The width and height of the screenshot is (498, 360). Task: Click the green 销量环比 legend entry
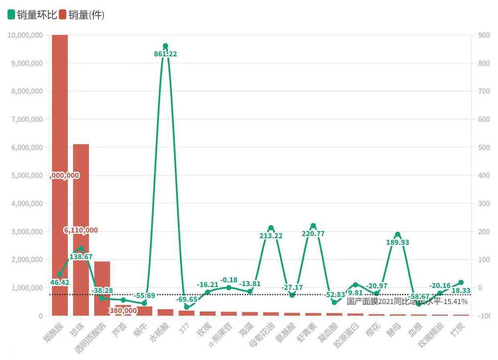[x=32, y=15]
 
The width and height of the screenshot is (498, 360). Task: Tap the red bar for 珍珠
[x=81, y=193]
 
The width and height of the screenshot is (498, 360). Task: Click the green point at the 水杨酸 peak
[x=165, y=46]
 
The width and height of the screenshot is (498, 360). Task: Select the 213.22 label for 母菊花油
[x=271, y=236]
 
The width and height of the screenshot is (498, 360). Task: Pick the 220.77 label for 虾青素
[x=313, y=233]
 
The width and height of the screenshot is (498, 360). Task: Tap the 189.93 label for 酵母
[x=398, y=242]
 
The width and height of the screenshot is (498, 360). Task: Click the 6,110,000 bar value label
[x=81, y=230]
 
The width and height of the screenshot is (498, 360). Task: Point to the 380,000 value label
[x=123, y=311]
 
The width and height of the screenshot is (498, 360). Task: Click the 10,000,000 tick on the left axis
[x=25, y=35]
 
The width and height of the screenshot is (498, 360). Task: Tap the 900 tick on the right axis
[x=484, y=35]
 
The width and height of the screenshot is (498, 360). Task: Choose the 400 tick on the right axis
[x=484, y=176]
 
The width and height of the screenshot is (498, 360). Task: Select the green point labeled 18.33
[x=461, y=282]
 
